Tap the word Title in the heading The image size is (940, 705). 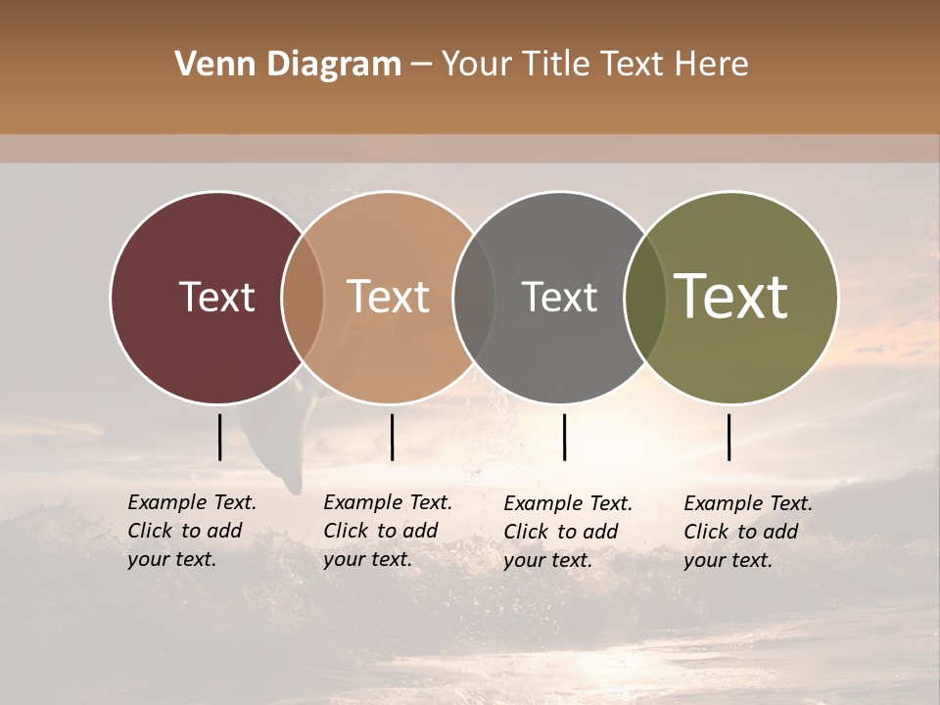[559, 65]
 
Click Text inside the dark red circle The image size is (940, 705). [216, 297]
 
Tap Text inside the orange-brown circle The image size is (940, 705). [388, 297]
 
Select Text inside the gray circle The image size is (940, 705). [559, 297]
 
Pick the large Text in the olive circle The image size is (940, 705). [731, 297]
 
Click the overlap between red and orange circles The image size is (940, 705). [303, 298]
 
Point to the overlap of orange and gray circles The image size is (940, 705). [474, 298]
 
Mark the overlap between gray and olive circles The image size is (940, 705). [645, 298]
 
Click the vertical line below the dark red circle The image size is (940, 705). [219, 437]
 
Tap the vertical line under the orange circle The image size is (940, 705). [392, 437]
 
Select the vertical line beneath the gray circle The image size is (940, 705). [564, 437]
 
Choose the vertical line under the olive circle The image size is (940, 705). [728, 437]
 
